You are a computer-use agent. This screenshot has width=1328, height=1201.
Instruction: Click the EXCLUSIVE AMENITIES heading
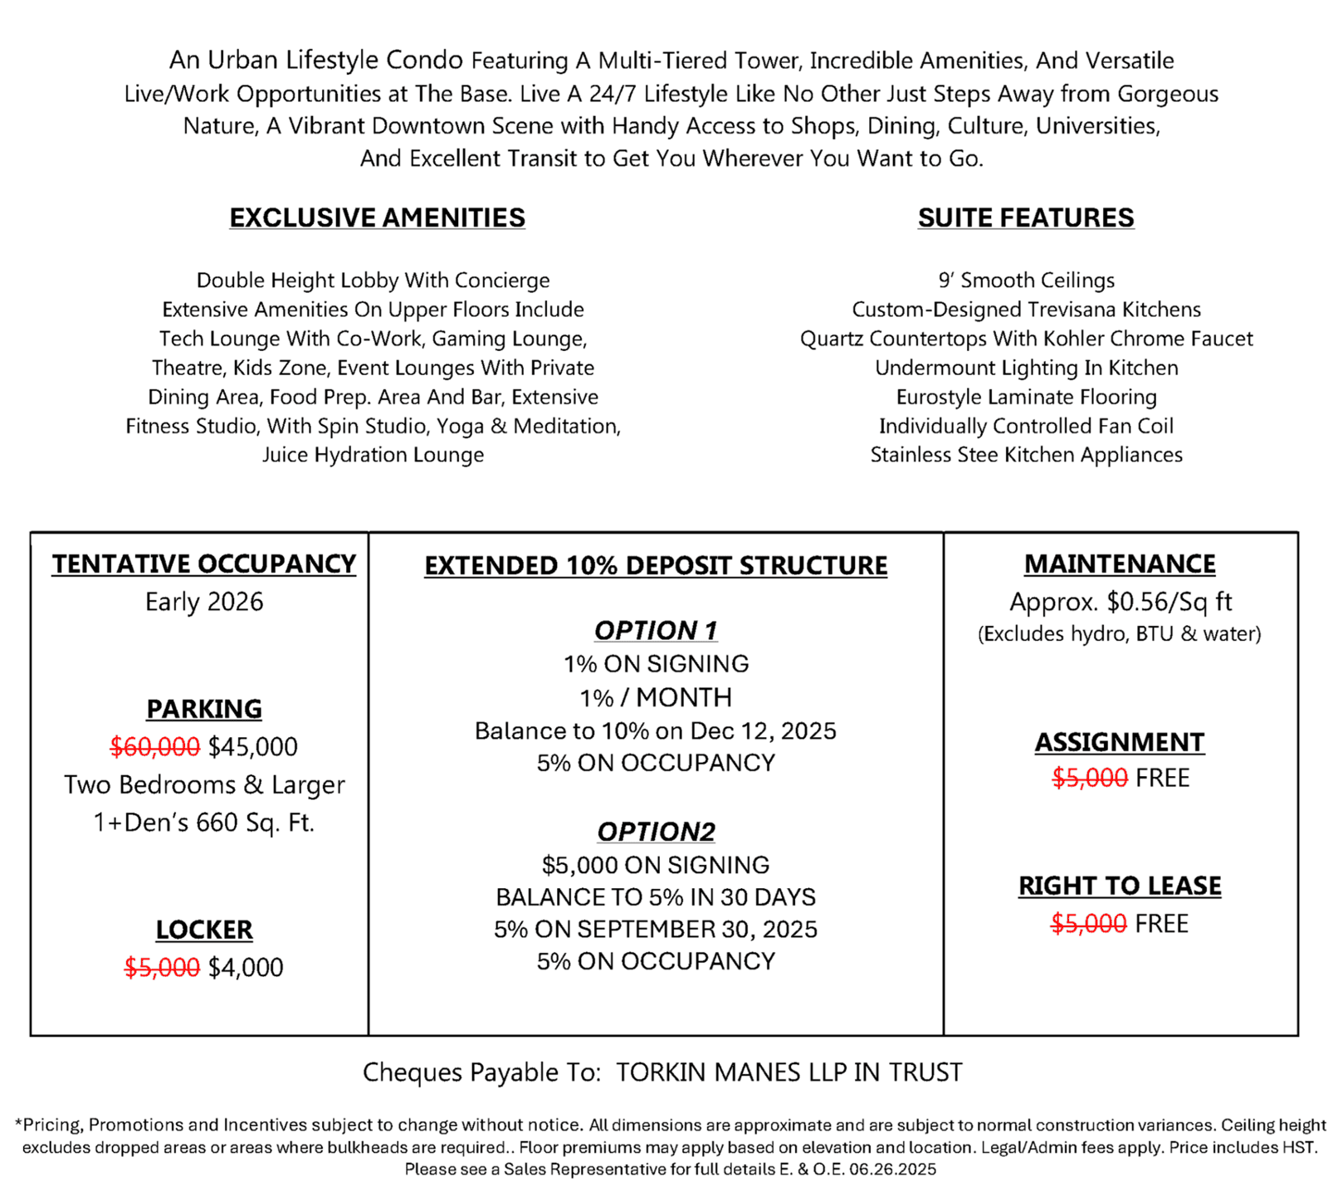coord(377,217)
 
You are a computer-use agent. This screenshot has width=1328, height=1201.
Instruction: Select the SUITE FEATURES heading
coord(1025,217)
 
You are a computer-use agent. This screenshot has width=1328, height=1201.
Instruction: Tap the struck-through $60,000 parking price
coord(155,747)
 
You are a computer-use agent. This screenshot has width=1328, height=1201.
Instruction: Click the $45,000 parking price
coord(253,747)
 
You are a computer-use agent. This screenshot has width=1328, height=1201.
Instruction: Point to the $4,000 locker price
coord(246,967)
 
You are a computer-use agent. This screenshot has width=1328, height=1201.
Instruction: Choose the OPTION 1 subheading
coord(656,631)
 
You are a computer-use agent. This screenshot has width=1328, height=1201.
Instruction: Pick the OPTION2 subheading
coord(656,832)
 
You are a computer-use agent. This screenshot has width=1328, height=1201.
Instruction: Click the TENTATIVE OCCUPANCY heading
coord(204,564)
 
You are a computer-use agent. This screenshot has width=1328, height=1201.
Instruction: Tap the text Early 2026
coord(204,602)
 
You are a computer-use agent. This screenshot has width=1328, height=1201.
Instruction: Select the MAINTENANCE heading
coord(1120,564)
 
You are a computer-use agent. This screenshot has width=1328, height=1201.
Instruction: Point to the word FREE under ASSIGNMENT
coord(1162,779)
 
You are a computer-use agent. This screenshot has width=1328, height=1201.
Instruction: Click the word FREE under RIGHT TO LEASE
coord(1161,924)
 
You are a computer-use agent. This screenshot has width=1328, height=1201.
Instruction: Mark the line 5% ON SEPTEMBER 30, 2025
coord(656,930)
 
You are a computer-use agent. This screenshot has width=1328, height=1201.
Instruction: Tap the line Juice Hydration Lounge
coord(373,455)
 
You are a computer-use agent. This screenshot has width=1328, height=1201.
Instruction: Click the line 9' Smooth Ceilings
coord(1026,281)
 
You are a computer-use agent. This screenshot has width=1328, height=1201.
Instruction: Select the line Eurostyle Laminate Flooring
coord(1026,397)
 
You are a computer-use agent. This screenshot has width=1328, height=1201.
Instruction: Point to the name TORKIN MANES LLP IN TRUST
coord(788,1072)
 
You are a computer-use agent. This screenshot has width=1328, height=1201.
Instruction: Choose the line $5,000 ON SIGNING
coord(656,865)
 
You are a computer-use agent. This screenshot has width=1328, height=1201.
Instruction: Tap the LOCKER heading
coord(204,930)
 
